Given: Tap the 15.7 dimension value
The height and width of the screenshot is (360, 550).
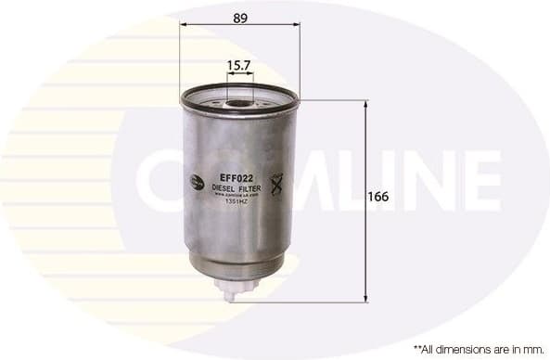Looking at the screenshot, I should pos(239,66).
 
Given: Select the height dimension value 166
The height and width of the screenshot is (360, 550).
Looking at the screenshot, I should pos(377,197).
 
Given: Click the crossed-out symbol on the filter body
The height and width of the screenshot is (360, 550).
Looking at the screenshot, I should pos(275,183).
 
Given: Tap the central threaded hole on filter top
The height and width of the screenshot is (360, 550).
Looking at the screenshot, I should pos(239,101).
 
